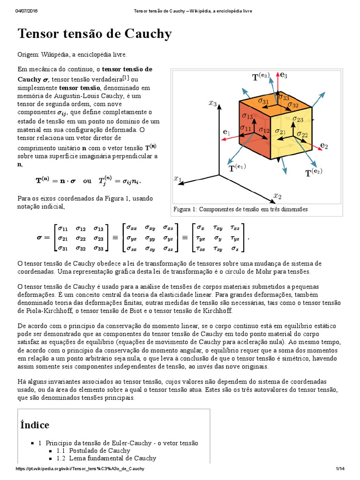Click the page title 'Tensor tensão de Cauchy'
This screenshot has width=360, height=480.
coord(94,34)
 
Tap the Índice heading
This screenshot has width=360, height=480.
coord(35,425)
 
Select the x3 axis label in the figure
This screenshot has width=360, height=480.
coord(213,103)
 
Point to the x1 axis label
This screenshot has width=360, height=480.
coord(178,178)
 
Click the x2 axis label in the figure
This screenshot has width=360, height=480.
coord(277,195)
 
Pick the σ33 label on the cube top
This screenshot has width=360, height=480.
coord(284,97)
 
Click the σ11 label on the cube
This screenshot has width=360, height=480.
coord(245,127)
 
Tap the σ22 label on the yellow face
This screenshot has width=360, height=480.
coord(302,135)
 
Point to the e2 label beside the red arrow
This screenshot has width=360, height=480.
coord(324,145)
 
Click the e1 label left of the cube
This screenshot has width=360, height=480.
coord(226,133)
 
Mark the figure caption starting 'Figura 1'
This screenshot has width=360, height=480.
coord(240,209)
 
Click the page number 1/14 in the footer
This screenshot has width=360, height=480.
coord(340,469)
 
